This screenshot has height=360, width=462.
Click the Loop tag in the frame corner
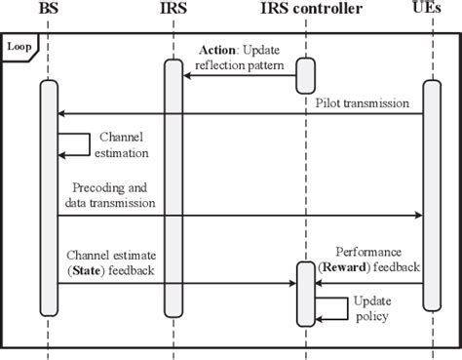coord(19,46)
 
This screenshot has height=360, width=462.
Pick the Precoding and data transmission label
coord(112,194)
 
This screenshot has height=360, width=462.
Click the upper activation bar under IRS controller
coord(304,76)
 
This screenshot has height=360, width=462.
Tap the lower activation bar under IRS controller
coord(304,293)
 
